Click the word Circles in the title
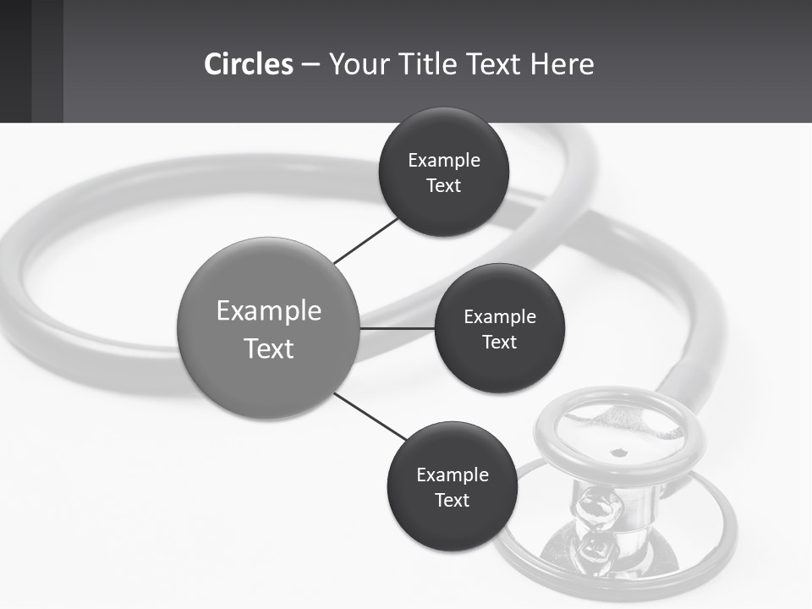coord(248,64)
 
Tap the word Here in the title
coord(562,64)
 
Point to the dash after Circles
coord(310,65)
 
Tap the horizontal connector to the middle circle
coord(397,328)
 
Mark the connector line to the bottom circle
coord(370,416)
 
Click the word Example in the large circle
coord(269,311)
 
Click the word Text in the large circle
coord(269,348)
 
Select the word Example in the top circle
coord(444,161)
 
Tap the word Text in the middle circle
coord(499,343)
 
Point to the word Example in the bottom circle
coord(453,475)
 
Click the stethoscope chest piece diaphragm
coord(622,431)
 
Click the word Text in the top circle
coord(443,186)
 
